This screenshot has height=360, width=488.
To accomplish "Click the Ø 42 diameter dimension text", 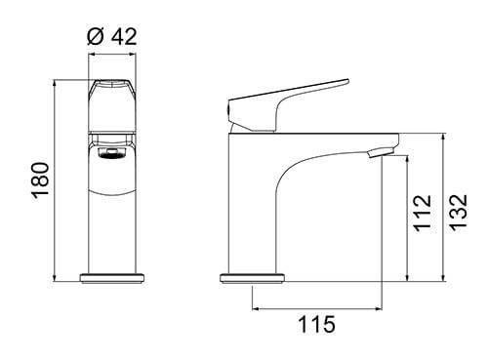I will (x=111, y=37).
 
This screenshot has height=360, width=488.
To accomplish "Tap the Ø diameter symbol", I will (x=95, y=37).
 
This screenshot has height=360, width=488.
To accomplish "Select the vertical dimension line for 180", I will (x=56, y=181).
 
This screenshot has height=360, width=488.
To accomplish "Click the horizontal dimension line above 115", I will (x=315, y=308).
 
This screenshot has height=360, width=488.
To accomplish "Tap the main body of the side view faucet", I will (x=259, y=205).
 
